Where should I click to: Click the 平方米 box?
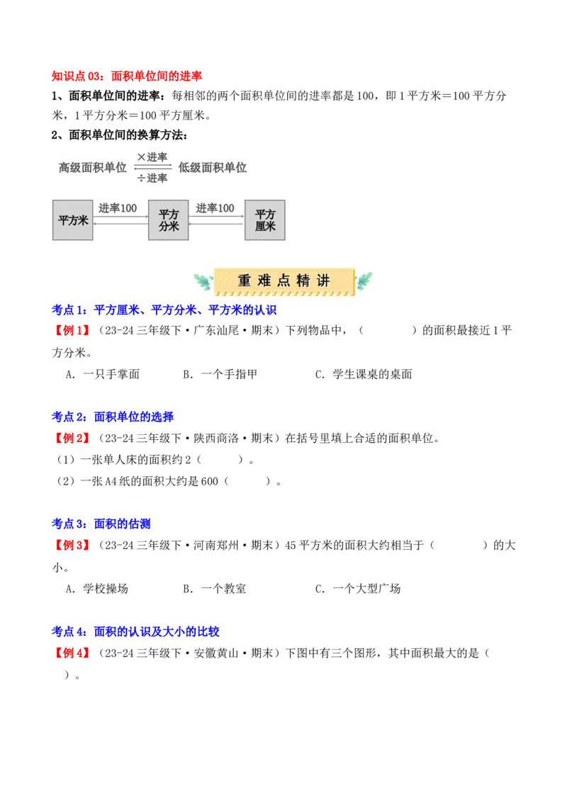click(73, 220)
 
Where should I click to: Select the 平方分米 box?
click(169, 220)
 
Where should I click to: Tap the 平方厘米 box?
click(266, 220)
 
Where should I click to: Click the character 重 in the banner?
click(245, 281)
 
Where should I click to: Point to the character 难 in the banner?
click(264, 281)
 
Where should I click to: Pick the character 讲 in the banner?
click(323, 281)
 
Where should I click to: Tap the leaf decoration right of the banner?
click(364, 282)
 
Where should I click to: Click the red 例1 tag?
click(72, 331)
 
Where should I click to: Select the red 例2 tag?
click(72, 439)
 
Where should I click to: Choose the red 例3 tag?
click(72, 546)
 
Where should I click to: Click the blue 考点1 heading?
click(164, 310)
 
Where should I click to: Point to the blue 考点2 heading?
click(113, 417)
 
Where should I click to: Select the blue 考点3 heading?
click(101, 524)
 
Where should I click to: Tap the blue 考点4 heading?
click(135, 631)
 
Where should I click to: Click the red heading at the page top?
click(127, 76)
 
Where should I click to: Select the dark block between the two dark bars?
click(153, 167)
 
